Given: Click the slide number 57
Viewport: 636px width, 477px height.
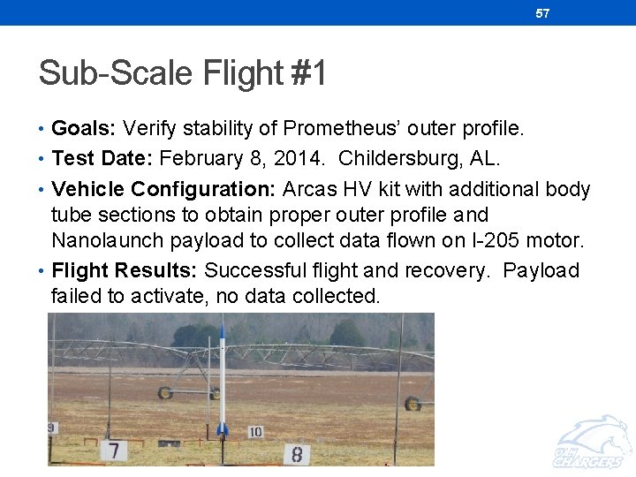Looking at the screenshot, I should (542, 13).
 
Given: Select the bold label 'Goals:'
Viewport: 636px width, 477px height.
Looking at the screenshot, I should (84, 129).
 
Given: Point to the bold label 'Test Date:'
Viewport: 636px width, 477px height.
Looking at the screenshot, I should (102, 159).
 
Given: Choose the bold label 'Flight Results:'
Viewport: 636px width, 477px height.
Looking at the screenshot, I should (125, 270).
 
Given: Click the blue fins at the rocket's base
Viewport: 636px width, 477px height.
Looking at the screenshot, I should (223, 429).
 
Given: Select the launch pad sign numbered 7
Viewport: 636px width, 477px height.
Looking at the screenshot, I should (113, 450).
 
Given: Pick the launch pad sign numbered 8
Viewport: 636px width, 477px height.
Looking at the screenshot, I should (297, 454).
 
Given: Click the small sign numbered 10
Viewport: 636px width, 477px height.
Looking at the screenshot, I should (255, 432).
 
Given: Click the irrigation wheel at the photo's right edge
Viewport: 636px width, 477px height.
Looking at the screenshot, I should (412, 403).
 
